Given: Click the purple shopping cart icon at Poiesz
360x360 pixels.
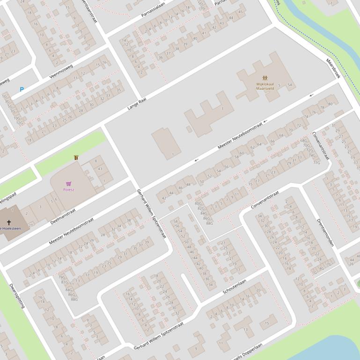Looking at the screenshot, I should [x=69, y=184].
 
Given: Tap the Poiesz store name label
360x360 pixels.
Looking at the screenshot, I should [x=69, y=190].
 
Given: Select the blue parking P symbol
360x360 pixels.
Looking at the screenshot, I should [x=22, y=89].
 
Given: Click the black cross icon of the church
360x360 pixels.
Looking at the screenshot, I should [x=8, y=223].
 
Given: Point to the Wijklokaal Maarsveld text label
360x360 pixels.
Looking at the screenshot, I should [x=265, y=86].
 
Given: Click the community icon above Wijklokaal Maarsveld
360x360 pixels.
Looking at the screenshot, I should [x=265, y=78].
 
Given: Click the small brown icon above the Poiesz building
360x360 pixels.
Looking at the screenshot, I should [x=76, y=158].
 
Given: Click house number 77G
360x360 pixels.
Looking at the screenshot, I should [x=316, y=163].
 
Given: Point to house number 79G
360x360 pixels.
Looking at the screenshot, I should [x=62, y=277].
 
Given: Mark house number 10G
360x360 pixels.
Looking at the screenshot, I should [x=17, y=118].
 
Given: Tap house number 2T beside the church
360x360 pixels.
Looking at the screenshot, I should [x=31, y=225].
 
